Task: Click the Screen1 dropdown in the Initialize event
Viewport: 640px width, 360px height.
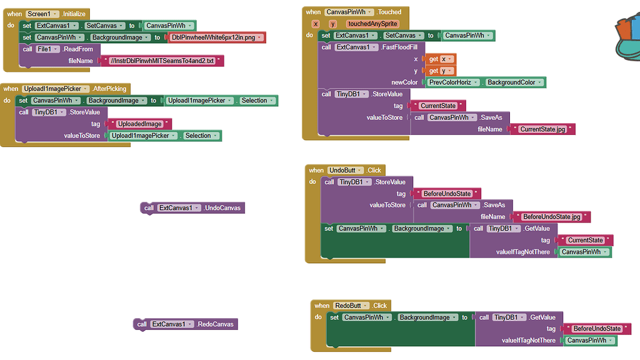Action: click(x=42, y=14)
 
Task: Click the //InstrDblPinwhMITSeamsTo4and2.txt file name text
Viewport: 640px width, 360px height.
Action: click(x=161, y=61)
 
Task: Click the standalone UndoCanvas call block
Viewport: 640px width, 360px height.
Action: click(x=192, y=208)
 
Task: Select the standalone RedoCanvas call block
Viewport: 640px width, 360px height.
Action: click(x=186, y=324)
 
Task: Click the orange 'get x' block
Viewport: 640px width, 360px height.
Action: click(x=441, y=59)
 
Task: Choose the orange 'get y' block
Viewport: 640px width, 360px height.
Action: click(x=441, y=71)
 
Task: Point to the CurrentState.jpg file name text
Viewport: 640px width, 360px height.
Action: click(x=542, y=129)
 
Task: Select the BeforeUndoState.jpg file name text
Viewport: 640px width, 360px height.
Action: click(x=551, y=217)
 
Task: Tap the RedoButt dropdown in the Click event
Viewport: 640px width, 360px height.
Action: click(x=351, y=306)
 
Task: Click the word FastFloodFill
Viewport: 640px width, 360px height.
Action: click(x=400, y=47)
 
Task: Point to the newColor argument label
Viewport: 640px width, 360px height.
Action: click(x=404, y=82)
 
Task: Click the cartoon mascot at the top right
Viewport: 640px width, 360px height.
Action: click(x=625, y=34)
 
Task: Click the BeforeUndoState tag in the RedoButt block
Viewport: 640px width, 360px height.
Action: click(x=597, y=329)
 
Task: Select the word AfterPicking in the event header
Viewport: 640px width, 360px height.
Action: click(x=110, y=89)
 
